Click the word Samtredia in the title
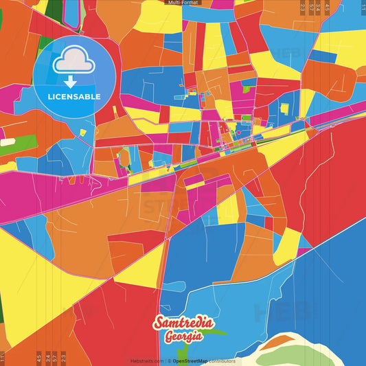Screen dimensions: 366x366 (183, 323)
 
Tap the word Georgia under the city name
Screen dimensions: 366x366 (183, 336)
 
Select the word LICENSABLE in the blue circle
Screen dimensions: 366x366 (74, 96)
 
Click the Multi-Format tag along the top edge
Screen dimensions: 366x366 (183, 3)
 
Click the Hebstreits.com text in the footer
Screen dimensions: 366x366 (147, 361)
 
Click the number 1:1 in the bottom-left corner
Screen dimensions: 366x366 (3, 357)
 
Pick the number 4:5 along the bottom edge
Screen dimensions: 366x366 (39, 357)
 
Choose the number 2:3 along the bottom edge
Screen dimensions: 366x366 (64, 357)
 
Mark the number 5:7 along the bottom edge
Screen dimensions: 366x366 (56, 357)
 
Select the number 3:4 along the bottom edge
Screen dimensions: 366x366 (47, 357)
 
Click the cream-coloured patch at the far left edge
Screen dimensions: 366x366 (7, 142)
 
